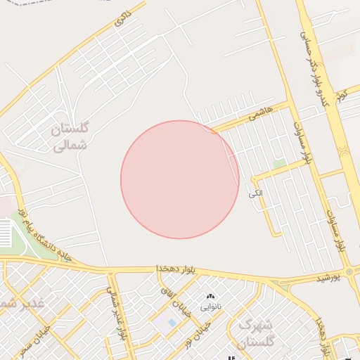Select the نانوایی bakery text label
click(211, 307)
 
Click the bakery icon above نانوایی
click(210, 297)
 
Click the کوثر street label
click(342, 95)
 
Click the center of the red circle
click(180, 179)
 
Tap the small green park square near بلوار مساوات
click(279, 164)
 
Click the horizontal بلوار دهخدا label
click(179, 269)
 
